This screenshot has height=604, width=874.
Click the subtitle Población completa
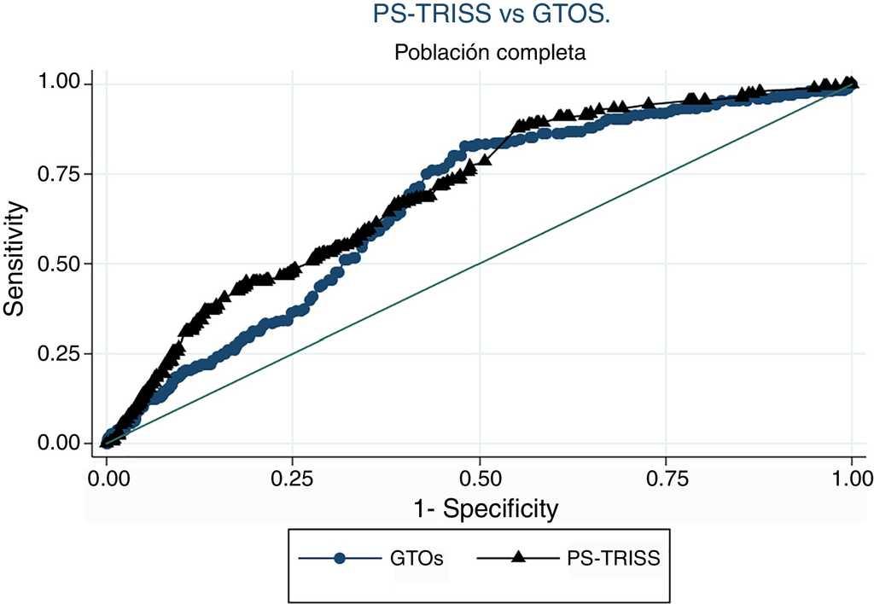489,53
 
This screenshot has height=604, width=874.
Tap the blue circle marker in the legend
340,559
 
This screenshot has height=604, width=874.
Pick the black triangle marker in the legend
517,558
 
